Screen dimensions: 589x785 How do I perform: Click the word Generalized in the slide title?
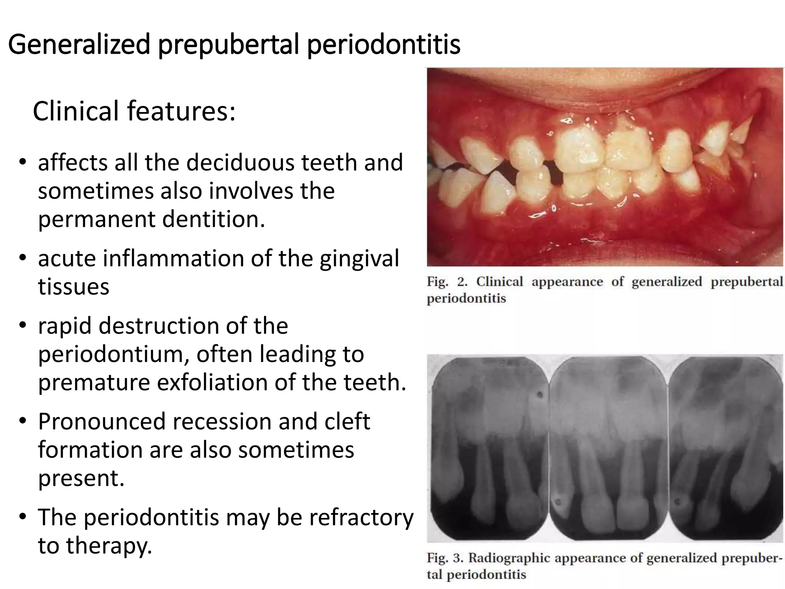(x=79, y=45)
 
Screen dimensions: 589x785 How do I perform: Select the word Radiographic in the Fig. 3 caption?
(x=510, y=558)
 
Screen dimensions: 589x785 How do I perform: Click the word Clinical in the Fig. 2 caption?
(x=499, y=282)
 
